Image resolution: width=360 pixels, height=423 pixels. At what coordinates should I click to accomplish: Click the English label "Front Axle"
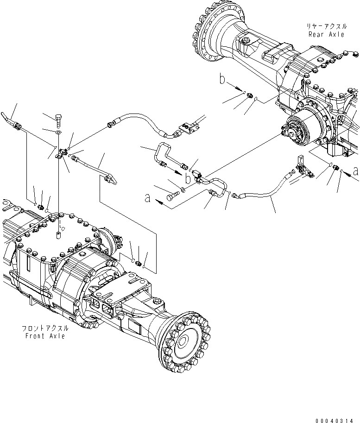point(45,336)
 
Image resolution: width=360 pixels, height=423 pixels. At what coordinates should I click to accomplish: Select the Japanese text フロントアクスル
point(45,328)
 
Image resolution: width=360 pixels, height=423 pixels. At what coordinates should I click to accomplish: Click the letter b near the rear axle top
point(223,81)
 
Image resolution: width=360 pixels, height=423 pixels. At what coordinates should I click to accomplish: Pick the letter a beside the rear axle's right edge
point(355,170)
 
